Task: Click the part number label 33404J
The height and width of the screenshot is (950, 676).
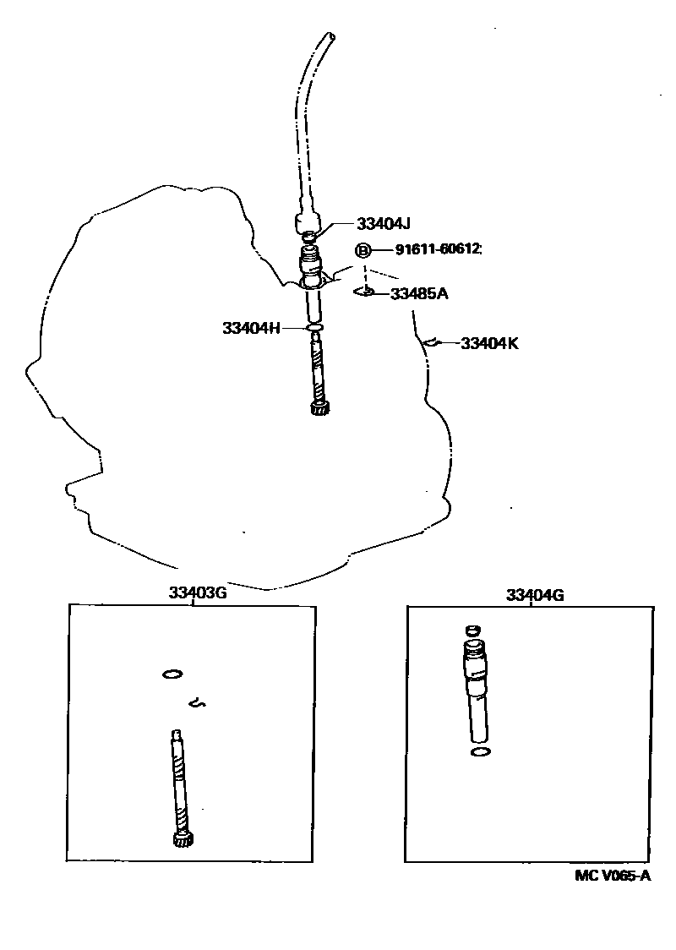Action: click(x=383, y=224)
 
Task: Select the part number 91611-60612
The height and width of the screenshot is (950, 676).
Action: click(x=438, y=249)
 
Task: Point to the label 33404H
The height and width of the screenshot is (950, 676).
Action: click(x=251, y=327)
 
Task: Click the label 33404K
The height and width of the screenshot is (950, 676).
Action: click(x=489, y=343)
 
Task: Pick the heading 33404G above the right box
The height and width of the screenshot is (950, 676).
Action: click(x=535, y=595)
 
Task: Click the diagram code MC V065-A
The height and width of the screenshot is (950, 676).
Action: click(x=613, y=876)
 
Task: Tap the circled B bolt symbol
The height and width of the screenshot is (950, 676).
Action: click(x=363, y=250)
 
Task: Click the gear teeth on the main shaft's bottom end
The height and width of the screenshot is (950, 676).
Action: click(x=319, y=410)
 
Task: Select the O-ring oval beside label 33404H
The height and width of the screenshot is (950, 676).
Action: click(x=314, y=326)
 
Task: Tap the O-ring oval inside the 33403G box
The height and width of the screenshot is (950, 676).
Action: click(x=172, y=674)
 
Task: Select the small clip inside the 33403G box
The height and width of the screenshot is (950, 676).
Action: click(x=199, y=701)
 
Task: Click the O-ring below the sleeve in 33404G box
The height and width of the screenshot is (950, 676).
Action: click(x=479, y=751)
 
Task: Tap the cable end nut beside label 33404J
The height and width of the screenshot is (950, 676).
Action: click(x=308, y=224)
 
